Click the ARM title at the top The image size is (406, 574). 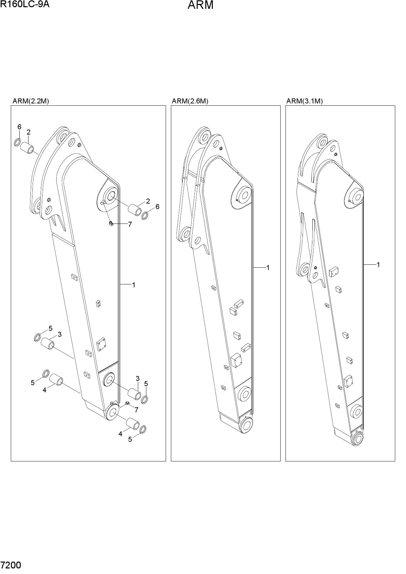point(200,5)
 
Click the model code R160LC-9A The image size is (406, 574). point(25,4)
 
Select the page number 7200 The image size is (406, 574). point(11,565)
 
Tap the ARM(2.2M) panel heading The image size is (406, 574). point(31,101)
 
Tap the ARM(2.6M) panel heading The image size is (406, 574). point(190,101)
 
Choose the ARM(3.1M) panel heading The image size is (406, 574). point(304,101)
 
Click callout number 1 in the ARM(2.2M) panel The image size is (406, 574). point(134,285)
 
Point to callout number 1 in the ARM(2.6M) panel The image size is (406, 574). point(268,268)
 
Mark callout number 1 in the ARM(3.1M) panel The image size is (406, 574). point(378,264)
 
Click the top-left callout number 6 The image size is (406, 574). point(19,127)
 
